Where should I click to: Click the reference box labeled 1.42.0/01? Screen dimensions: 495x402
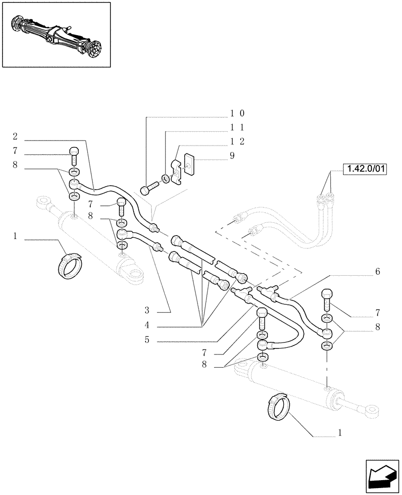point(364,169)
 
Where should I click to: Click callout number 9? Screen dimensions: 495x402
point(232,155)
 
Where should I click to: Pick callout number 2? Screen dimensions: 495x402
point(15,136)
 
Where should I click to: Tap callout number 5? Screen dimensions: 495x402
point(147,341)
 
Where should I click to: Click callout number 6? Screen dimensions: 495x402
point(377,272)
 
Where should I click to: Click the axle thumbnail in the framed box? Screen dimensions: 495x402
point(56,34)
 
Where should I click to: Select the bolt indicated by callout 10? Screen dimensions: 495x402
point(149,189)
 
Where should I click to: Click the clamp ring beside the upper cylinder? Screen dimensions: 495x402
point(68,266)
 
